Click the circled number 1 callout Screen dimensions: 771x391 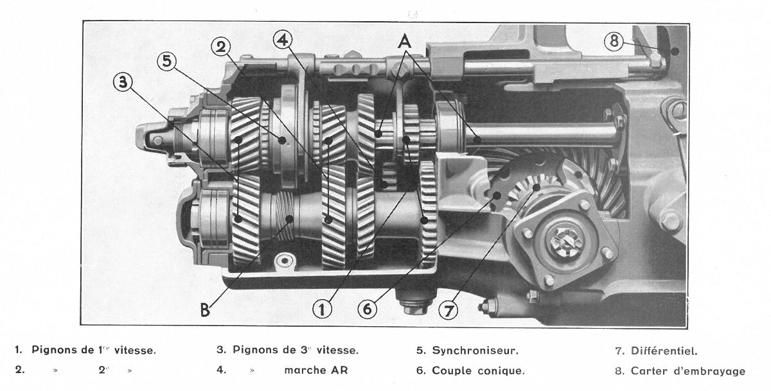[x=322, y=309]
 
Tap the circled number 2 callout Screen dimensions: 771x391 [x=221, y=47]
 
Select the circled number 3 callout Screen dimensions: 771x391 [x=123, y=83]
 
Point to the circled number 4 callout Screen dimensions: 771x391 [x=283, y=40]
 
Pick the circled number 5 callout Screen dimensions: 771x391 [x=166, y=61]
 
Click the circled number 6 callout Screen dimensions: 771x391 [x=368, y=309]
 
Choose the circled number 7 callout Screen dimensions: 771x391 [x=448, y=311]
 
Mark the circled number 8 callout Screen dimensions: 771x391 [x=614, y=41]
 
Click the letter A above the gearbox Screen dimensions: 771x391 [x=405, y=42]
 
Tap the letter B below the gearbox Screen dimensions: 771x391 [x=205, y=311]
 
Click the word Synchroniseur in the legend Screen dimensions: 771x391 [x=475, y=351]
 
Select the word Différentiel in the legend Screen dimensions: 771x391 [x=664, y=351]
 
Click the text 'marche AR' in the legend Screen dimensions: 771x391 [x=316, y=370]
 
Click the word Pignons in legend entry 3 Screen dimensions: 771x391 [x=255, y=350]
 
